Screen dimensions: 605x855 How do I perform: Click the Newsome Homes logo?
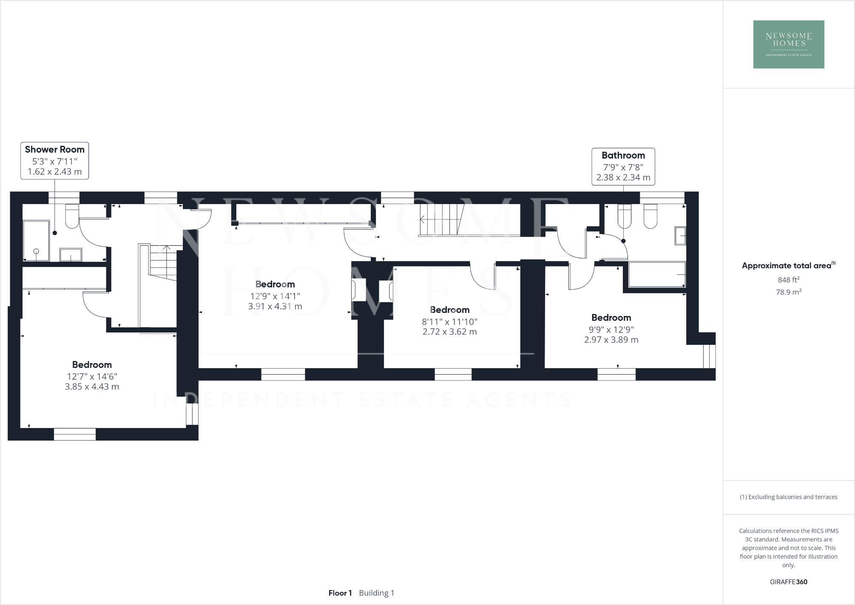point(788,44)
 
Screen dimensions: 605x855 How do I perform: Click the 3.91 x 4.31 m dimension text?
point(275,307)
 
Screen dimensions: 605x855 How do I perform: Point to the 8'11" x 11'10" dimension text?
point(449,322)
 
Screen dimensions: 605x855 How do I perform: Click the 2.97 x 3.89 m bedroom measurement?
point(611,340)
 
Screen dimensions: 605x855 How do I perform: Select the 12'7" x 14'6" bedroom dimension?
point(92,377)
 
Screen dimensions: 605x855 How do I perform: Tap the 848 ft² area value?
point(788,280)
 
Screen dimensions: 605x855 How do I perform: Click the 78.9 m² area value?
point(788,292)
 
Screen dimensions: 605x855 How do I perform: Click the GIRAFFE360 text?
point(788,582)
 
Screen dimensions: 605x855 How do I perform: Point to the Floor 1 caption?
point(340,593)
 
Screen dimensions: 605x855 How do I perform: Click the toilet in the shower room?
point(72,216)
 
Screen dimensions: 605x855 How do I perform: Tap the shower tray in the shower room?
point(36,241)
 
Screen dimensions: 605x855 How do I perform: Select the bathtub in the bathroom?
point(656,275)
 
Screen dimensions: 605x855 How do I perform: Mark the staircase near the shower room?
point(163,262)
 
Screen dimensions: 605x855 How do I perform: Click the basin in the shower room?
point(71,255)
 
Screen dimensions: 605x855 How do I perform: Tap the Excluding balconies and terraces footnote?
point(788,497)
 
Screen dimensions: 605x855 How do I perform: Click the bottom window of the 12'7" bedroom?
point(75,434)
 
